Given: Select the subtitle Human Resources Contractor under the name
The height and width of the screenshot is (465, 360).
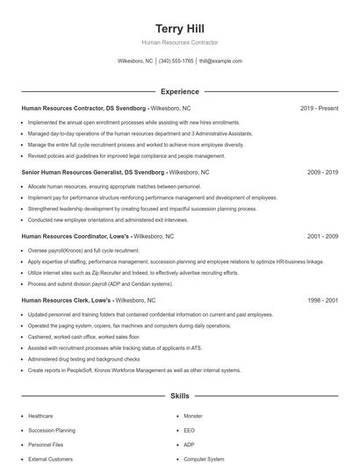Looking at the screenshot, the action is pos(179,42).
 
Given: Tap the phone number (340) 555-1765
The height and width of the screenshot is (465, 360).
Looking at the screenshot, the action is pos(176,61).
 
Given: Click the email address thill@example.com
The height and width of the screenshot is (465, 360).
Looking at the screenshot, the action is pos(220,61).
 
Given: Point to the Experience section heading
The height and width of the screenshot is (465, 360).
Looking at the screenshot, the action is pos(179,91).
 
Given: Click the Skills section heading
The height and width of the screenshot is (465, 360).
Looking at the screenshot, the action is pos(179,397).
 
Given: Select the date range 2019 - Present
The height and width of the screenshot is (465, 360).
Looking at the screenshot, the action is pos(319,108).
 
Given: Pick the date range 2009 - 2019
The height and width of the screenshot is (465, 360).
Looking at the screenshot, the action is pos(322,173).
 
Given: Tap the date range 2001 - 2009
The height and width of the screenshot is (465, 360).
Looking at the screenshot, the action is pos(322,236).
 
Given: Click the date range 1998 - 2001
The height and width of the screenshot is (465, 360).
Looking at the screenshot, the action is pos(322,300).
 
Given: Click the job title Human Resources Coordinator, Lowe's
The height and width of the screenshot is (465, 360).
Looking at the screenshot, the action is pos(75,236).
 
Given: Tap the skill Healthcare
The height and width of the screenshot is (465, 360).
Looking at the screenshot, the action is pos(40,415).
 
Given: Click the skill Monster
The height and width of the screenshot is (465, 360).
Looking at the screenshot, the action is pos(192,415).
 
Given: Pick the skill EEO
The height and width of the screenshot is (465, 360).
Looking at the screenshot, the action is pos(189,430).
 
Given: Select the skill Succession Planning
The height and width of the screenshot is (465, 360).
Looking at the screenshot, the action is pos(53,430).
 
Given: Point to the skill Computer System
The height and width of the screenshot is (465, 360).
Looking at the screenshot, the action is pos(204,458).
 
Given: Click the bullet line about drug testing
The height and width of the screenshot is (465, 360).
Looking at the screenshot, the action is pos(83,359).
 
